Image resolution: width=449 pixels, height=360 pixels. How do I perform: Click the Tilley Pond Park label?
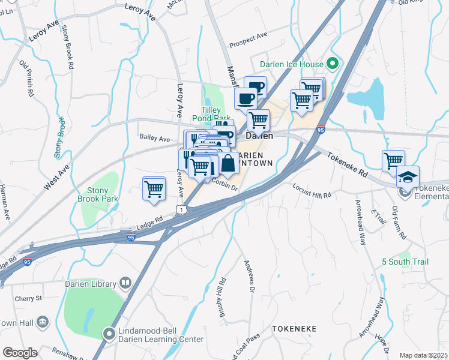coord(215,114)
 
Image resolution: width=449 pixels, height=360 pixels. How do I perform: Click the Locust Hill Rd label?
coord(312,196)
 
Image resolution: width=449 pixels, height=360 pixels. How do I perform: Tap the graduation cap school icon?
coord(408,177)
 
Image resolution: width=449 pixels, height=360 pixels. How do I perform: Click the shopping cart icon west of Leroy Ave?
coord(154,188)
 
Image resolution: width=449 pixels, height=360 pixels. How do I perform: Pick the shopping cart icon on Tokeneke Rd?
coord(393,160)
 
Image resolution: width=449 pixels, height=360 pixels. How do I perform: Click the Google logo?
coord(20,353)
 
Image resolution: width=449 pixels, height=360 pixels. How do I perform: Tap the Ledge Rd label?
coord(149,221)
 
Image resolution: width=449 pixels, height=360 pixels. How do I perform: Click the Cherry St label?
coord(29,298)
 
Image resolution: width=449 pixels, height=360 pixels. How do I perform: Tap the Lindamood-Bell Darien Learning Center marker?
coord(109,332)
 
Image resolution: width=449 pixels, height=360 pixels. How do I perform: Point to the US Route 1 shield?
coord(180,208)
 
